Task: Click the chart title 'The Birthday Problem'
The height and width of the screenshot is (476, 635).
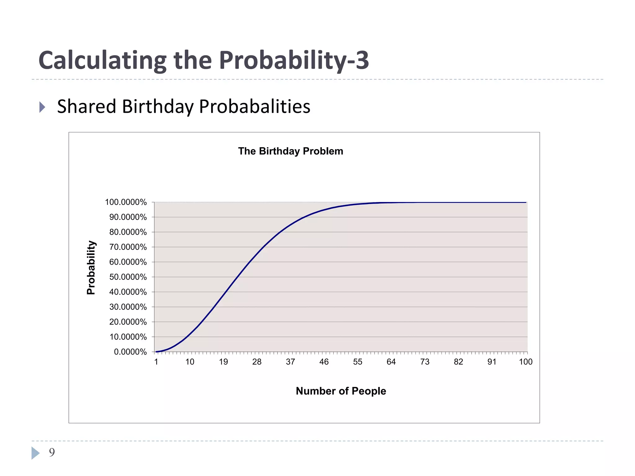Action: (291, 151)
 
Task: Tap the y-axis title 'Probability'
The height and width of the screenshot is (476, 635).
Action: (91, 267)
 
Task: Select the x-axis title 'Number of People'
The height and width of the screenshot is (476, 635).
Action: (341, 391)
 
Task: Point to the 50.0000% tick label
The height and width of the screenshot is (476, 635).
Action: (128, 277)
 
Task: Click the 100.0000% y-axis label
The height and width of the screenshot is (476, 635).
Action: (126, 202)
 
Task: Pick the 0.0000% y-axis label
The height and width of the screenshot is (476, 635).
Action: (130, 352)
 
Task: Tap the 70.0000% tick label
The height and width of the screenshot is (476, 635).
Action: (128, 247)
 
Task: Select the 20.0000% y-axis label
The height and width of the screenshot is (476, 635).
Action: (128, 322)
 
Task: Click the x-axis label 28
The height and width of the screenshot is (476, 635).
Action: (257, 362)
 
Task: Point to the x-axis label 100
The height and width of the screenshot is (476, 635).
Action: (526, 362)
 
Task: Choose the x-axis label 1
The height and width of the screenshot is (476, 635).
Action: (156, 362)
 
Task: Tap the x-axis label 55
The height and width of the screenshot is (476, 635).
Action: (357, 362)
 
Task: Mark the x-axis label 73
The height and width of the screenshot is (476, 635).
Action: (425, 362)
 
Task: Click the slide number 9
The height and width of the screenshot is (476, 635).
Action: (52, 452)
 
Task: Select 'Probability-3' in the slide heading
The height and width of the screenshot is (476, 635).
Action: (294, 60)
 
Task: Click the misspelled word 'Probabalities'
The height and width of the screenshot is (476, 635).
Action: (255, 107)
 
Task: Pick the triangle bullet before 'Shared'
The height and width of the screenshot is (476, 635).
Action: (42, 107)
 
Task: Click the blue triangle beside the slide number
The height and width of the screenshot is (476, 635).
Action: (35, 453)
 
